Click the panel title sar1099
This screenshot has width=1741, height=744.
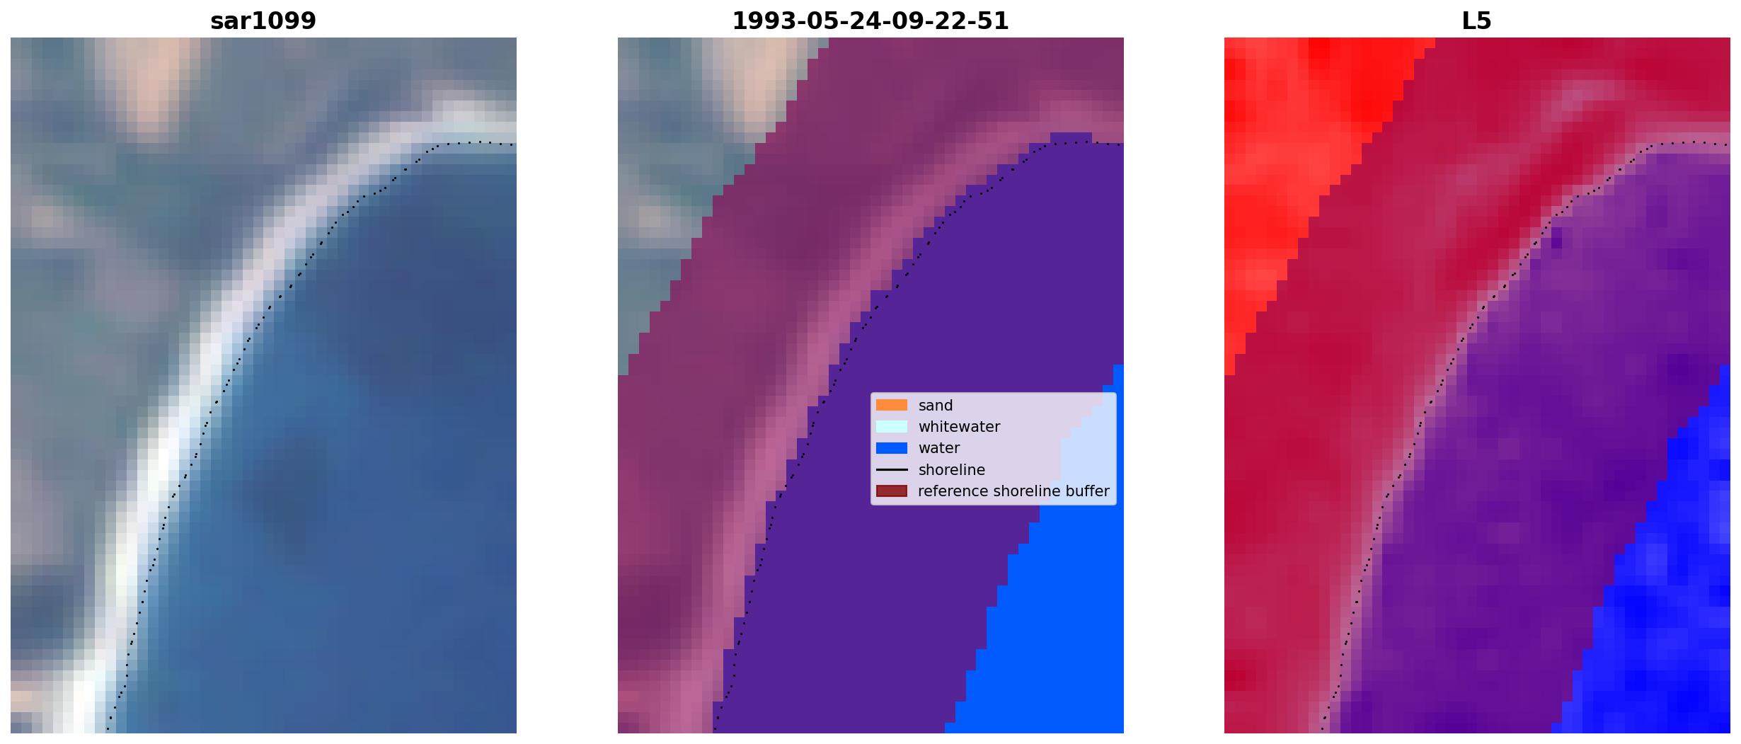coord(263,21)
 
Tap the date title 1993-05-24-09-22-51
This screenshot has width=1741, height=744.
coord(870,21)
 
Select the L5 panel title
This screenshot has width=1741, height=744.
coord(1477,21)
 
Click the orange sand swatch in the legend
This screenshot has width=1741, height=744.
coord(892,405)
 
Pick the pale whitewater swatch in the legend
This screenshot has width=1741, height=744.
coord(892,427)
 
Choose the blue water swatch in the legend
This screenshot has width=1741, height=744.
coord(892,448)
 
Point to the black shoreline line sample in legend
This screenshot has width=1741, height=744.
coord(892,470)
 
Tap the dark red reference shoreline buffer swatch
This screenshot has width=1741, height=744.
coord(892,491)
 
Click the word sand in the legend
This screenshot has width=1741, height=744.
coord(936,406)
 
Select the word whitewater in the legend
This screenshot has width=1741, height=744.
coord(959,427)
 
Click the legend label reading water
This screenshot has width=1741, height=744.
coord(939,448)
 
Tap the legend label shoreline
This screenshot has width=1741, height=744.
coord(952,470)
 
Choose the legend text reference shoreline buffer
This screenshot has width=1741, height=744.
coord(1013,491)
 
